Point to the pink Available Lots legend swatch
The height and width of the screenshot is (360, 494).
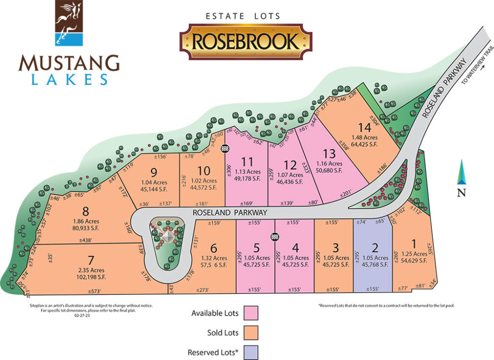[x=251, y=313]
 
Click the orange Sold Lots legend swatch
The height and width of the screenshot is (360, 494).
[x=251, y=333]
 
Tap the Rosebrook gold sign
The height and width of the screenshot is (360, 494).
[x=246, y=41]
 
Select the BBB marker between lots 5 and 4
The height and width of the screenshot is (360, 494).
[x=274, y=238]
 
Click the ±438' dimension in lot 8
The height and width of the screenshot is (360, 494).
[x=86, y=240]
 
